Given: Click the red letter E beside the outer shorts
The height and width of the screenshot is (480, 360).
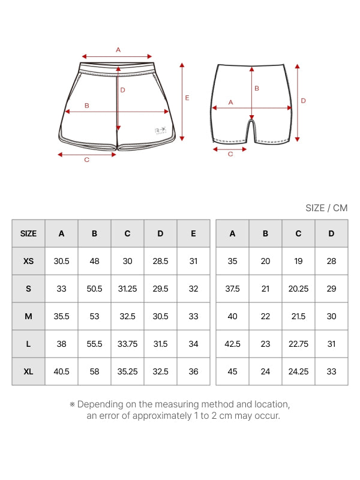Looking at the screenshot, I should coord(187,97).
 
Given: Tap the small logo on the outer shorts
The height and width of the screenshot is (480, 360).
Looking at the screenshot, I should coord(160,130).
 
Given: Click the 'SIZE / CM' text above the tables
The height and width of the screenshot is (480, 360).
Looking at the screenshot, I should coord(326,208).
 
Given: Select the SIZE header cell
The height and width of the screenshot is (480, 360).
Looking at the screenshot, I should coord(28,233).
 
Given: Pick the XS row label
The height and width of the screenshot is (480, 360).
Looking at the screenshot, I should coord(28,261).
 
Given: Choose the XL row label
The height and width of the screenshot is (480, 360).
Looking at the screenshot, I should coord(28,371).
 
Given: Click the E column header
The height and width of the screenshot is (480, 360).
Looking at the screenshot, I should coord(193,233).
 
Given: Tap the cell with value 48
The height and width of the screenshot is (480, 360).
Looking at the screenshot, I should coord(94,261).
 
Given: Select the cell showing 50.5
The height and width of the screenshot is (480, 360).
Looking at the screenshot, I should coord(94,289).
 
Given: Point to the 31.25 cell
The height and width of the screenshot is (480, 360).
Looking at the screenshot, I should coord(127,289).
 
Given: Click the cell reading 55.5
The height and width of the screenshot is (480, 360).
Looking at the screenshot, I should coord(94,344).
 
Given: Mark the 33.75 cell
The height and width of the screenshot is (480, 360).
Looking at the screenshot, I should coord(127,344).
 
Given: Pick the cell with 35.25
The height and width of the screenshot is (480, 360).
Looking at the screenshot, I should coord(127,371).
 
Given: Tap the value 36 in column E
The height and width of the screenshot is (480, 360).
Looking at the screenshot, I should coord(193,371).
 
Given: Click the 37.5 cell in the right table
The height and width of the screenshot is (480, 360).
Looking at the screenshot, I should coord(232,289).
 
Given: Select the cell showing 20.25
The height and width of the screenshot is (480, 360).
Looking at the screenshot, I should coord(298,289).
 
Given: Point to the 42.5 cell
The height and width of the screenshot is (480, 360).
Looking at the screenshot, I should coord(232,344).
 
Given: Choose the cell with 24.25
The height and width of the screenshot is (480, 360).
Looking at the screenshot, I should coord(298,371).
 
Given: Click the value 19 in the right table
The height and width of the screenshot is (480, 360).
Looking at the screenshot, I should coord(298,261).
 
